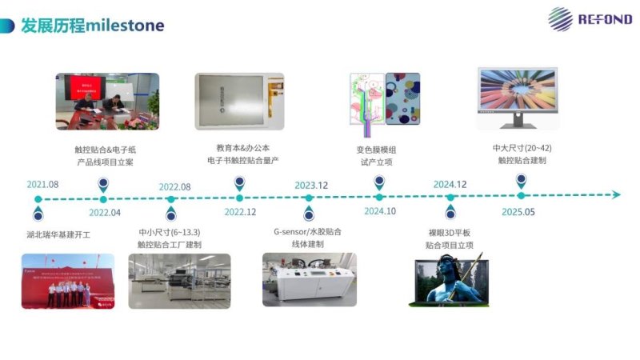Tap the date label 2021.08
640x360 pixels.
[43, 185]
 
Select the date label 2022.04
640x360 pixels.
[105, 212]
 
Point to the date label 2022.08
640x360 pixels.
[174, 186]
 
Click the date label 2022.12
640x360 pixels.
[240, 212]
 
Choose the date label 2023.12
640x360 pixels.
[311, 186]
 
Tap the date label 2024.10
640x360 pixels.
[380, 211]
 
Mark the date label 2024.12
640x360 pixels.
[450, 185]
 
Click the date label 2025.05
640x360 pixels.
[518, 212]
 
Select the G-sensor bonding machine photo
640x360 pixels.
[310, 279]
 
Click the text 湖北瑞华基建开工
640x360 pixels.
[59, 235]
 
